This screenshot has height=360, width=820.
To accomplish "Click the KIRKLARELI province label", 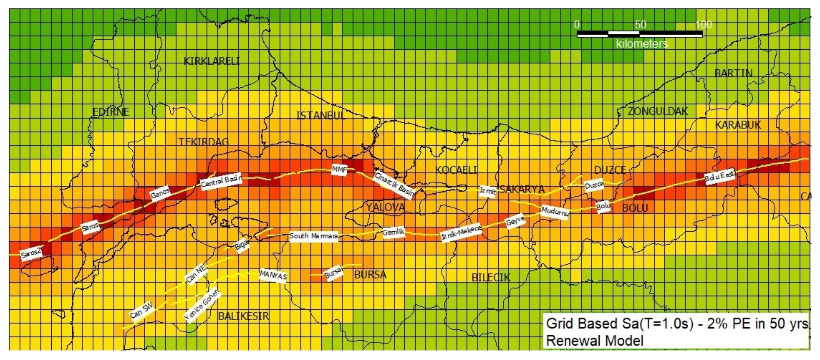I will pos(212,61).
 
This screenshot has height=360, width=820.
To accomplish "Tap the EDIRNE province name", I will pos(111,112).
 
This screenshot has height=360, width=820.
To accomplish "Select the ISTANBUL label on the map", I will pos(321,115).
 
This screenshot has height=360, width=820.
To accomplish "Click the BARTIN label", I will pos(733,73).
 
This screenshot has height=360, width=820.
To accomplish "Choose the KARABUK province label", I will pos(738,125).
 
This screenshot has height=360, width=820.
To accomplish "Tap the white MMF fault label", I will pos(339,170).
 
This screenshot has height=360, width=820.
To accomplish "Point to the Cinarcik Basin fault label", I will pos(394,185).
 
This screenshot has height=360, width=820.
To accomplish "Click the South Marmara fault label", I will pos(314,236).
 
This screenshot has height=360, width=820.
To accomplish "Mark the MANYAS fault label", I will pos(273,275).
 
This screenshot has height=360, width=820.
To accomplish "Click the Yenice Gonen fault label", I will pos(202,305).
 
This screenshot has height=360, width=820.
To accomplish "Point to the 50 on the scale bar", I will pos(640,25).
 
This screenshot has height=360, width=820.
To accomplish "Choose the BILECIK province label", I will pos(490,278).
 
